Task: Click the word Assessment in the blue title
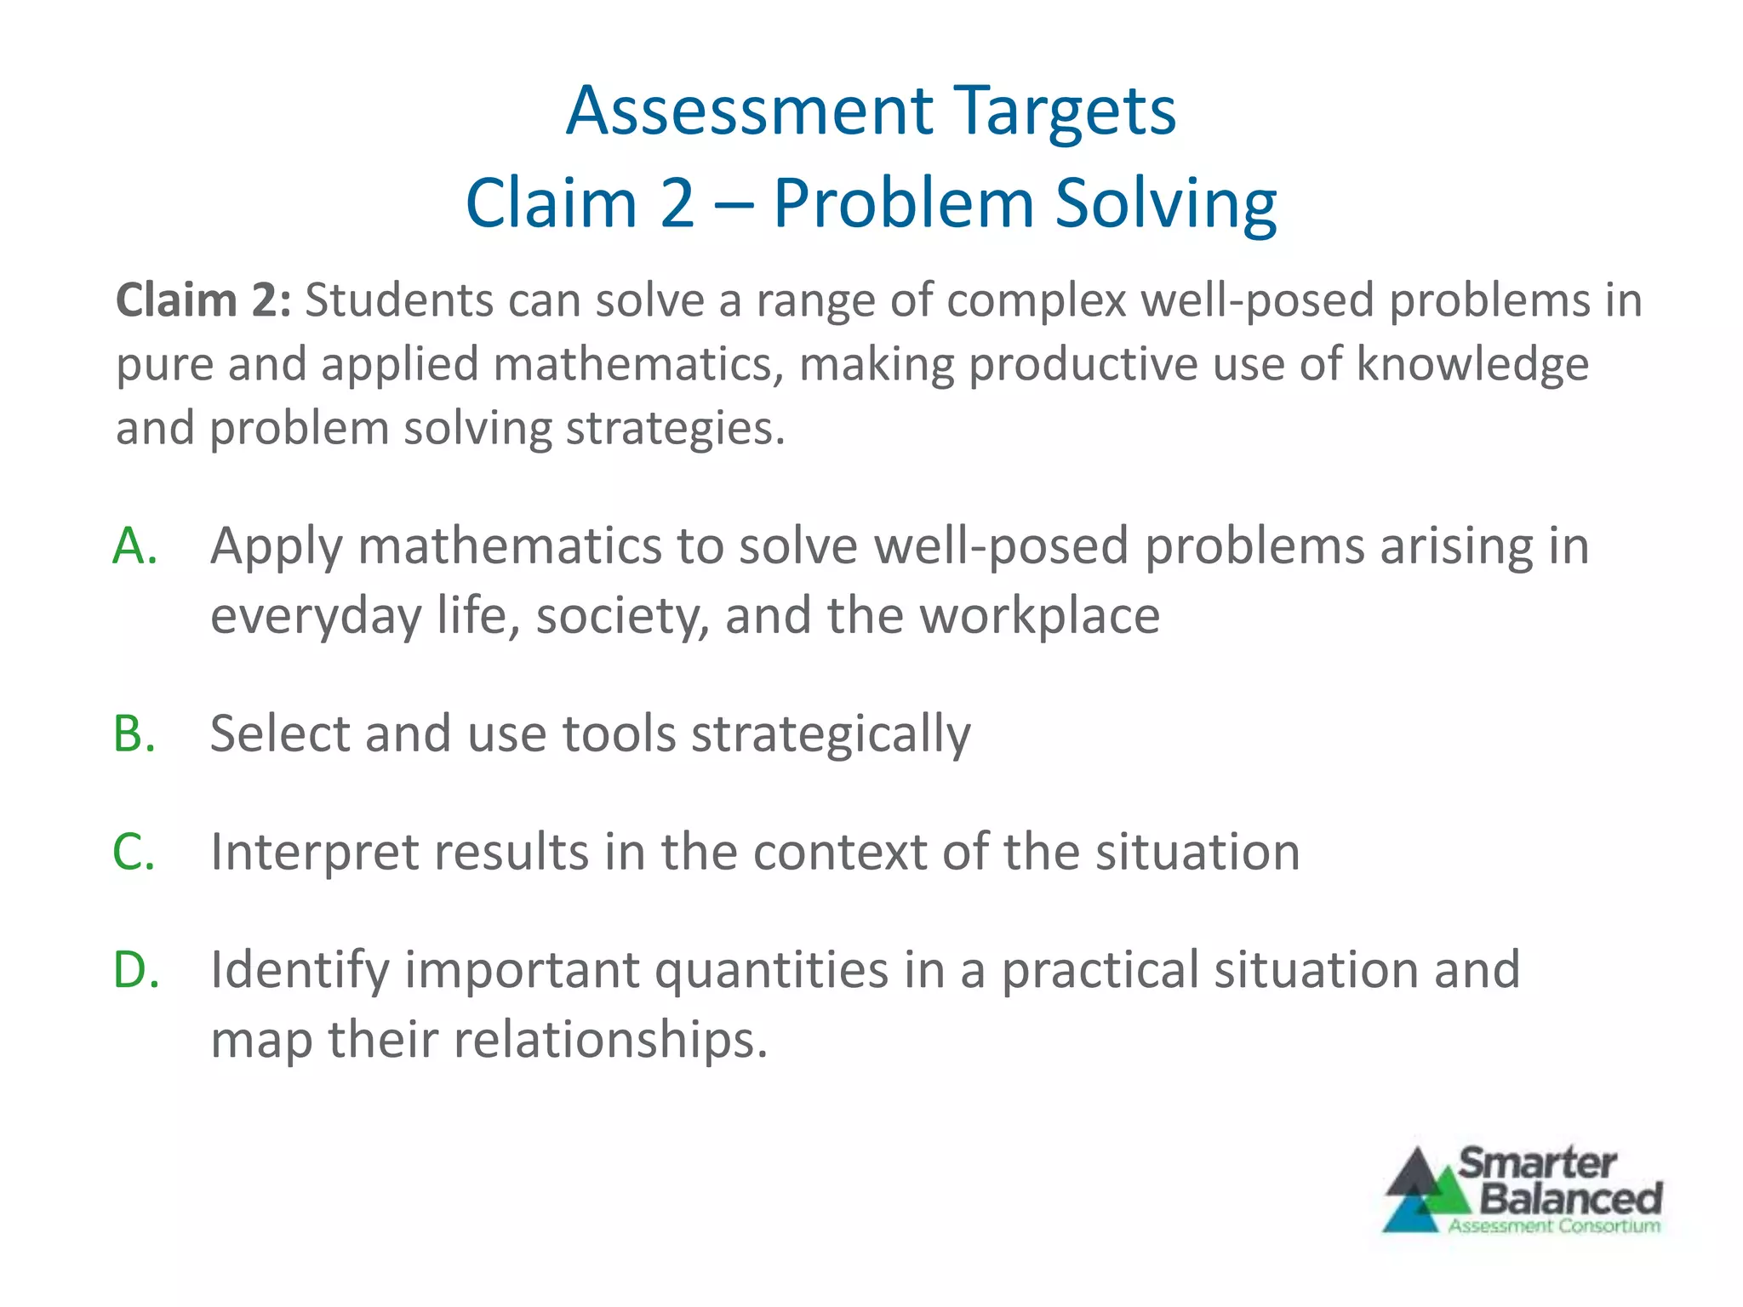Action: (749, 111)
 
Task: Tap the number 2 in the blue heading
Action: (677, 203)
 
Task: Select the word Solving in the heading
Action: (1166, 205)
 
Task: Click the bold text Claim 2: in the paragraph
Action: (203, 301)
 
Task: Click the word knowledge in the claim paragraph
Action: (1472, 365)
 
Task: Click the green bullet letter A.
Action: (134, 545)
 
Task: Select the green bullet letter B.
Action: (134, 733)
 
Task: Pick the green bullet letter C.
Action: (134, 852)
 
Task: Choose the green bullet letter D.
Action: (135, 970)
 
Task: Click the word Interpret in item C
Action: (314, 853)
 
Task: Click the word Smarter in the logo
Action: (1537, 1163)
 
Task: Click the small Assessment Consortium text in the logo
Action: (1554, 1226)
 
